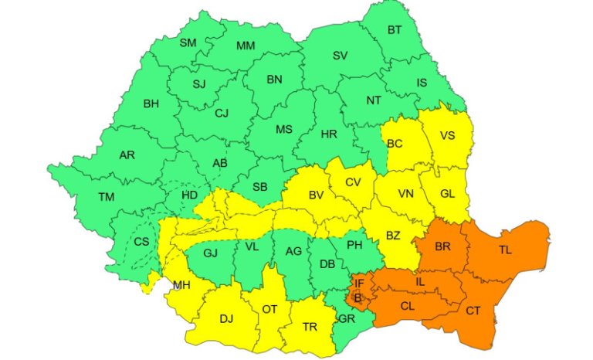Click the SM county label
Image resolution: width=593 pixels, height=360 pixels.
pyautogui.click(x=188, y=42)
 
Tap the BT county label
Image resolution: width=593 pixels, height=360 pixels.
pyautogui.click(x=395, y=30)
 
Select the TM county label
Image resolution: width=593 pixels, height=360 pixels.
pyautogui.click(x=106, y=197)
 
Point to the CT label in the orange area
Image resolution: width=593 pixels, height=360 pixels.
pyautogui.click(x=474, y=310)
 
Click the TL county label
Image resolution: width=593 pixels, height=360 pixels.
pyautogui.click(x=505, y=250)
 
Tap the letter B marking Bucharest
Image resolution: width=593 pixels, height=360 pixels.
pyautogui.click(x=357, y=297)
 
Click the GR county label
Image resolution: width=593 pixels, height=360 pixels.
pyautogui.click(x=347, y=318)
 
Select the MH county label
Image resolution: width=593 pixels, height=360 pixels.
pyautogui.click(x=181, y=285)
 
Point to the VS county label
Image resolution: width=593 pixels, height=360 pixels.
pyautogui.click(x=447, y=136)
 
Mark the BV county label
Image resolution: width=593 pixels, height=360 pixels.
pyautogui.click(x=316, y=195)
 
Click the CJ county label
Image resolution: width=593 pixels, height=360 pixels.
pyautogui.click(x=222, y=114)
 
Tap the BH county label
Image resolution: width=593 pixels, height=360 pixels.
pyautogui.click(x=151, y=103)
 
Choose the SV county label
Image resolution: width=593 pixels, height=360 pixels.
pyautogui.click(x=340, y=56)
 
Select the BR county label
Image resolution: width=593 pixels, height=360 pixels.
pyautogui.click(x=442, y=247)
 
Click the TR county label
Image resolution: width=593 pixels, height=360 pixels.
pyautogui.click(x=310, y=327)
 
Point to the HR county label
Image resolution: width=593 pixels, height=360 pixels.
pyautogui.click(x=329, y=134)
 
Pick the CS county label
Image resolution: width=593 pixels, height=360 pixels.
pyautogui.click(x=141, y=241)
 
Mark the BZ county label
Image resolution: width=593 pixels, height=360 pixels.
pyautogui.click(x=394, y=235)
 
